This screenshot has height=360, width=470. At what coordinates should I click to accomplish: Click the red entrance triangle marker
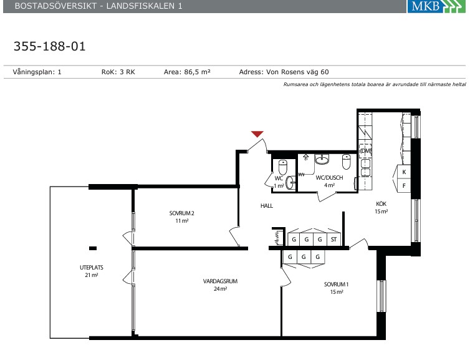point(257,134)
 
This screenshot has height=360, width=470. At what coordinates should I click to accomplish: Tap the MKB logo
point(436,6)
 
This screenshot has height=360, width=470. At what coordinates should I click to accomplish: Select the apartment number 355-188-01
point(50,46)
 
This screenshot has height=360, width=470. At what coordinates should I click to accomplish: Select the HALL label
point(267,205)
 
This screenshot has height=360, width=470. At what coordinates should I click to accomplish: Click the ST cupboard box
point(333,240)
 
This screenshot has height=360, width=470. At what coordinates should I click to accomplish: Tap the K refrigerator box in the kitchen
point(404,172)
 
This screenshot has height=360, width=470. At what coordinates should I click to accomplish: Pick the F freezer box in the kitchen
point(404,186)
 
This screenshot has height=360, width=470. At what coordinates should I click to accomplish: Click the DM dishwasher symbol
point(365,151)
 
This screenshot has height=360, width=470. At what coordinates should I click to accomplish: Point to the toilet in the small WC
point(282,167)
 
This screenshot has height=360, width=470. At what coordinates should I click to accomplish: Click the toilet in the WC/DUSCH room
point(347,162)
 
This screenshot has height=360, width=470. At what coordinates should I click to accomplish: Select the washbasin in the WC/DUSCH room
point(322,159)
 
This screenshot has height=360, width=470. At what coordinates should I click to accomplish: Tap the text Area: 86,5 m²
point(187,72)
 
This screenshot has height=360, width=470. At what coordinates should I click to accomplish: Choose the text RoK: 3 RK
point(118,72)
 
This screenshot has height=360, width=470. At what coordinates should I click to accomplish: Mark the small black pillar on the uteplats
point(93,248)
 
